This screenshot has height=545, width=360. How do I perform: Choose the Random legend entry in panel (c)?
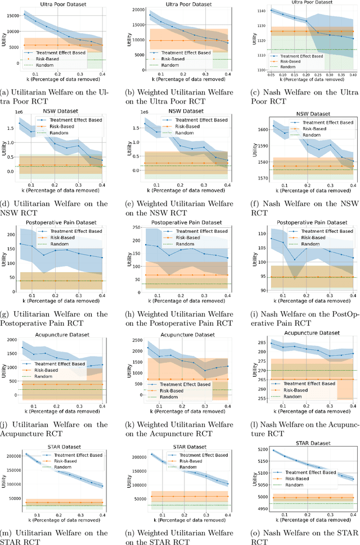pyautogui.click(x=287, y=66)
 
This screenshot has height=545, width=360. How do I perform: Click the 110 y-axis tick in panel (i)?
pyautogui.click(x=258, y=233)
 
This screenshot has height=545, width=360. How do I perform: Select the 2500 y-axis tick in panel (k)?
pyautogui.click(x=132, y=336)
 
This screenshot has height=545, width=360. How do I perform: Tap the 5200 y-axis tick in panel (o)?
pyautogui.click(x=256, y=450)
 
